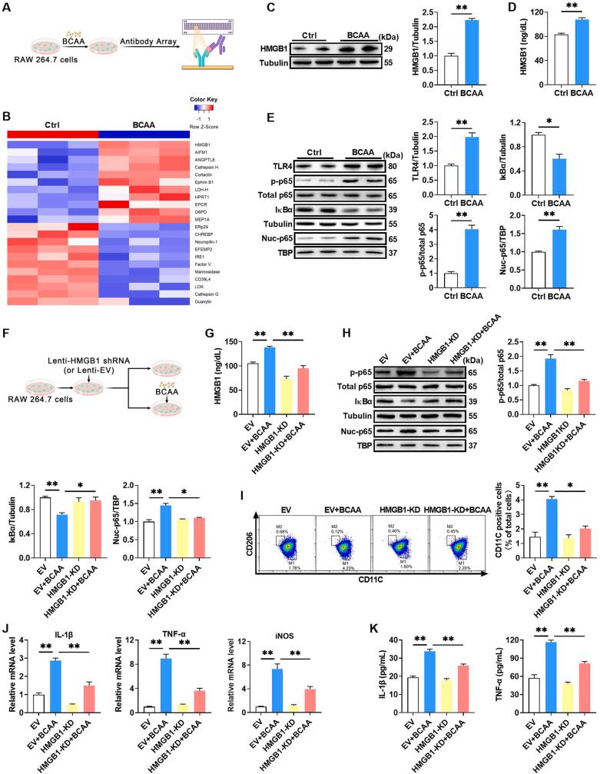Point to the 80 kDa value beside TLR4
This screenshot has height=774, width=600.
(393, 164)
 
